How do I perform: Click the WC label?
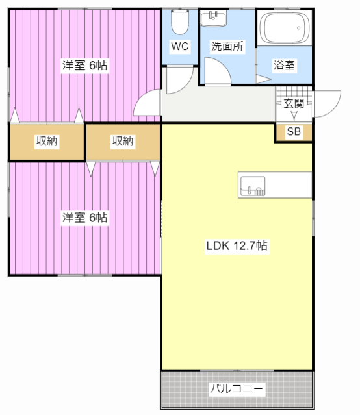[x=179, y=47]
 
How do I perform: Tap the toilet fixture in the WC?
[x=179, y=23]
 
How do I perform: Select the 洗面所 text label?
[x=227, y=47]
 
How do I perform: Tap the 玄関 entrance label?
[x=294, y=103]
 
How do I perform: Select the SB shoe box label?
[x=294, y=132]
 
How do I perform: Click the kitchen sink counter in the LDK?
[x=274, y=184]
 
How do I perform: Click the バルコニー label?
[x=237, y=389]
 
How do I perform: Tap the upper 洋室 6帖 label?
[x=85, y=66]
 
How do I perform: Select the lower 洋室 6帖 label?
[x=85, y=218]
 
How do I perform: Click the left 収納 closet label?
[x=47, y=141]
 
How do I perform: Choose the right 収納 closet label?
[x=122, y=141]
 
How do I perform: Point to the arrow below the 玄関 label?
[x=294, y=116]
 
